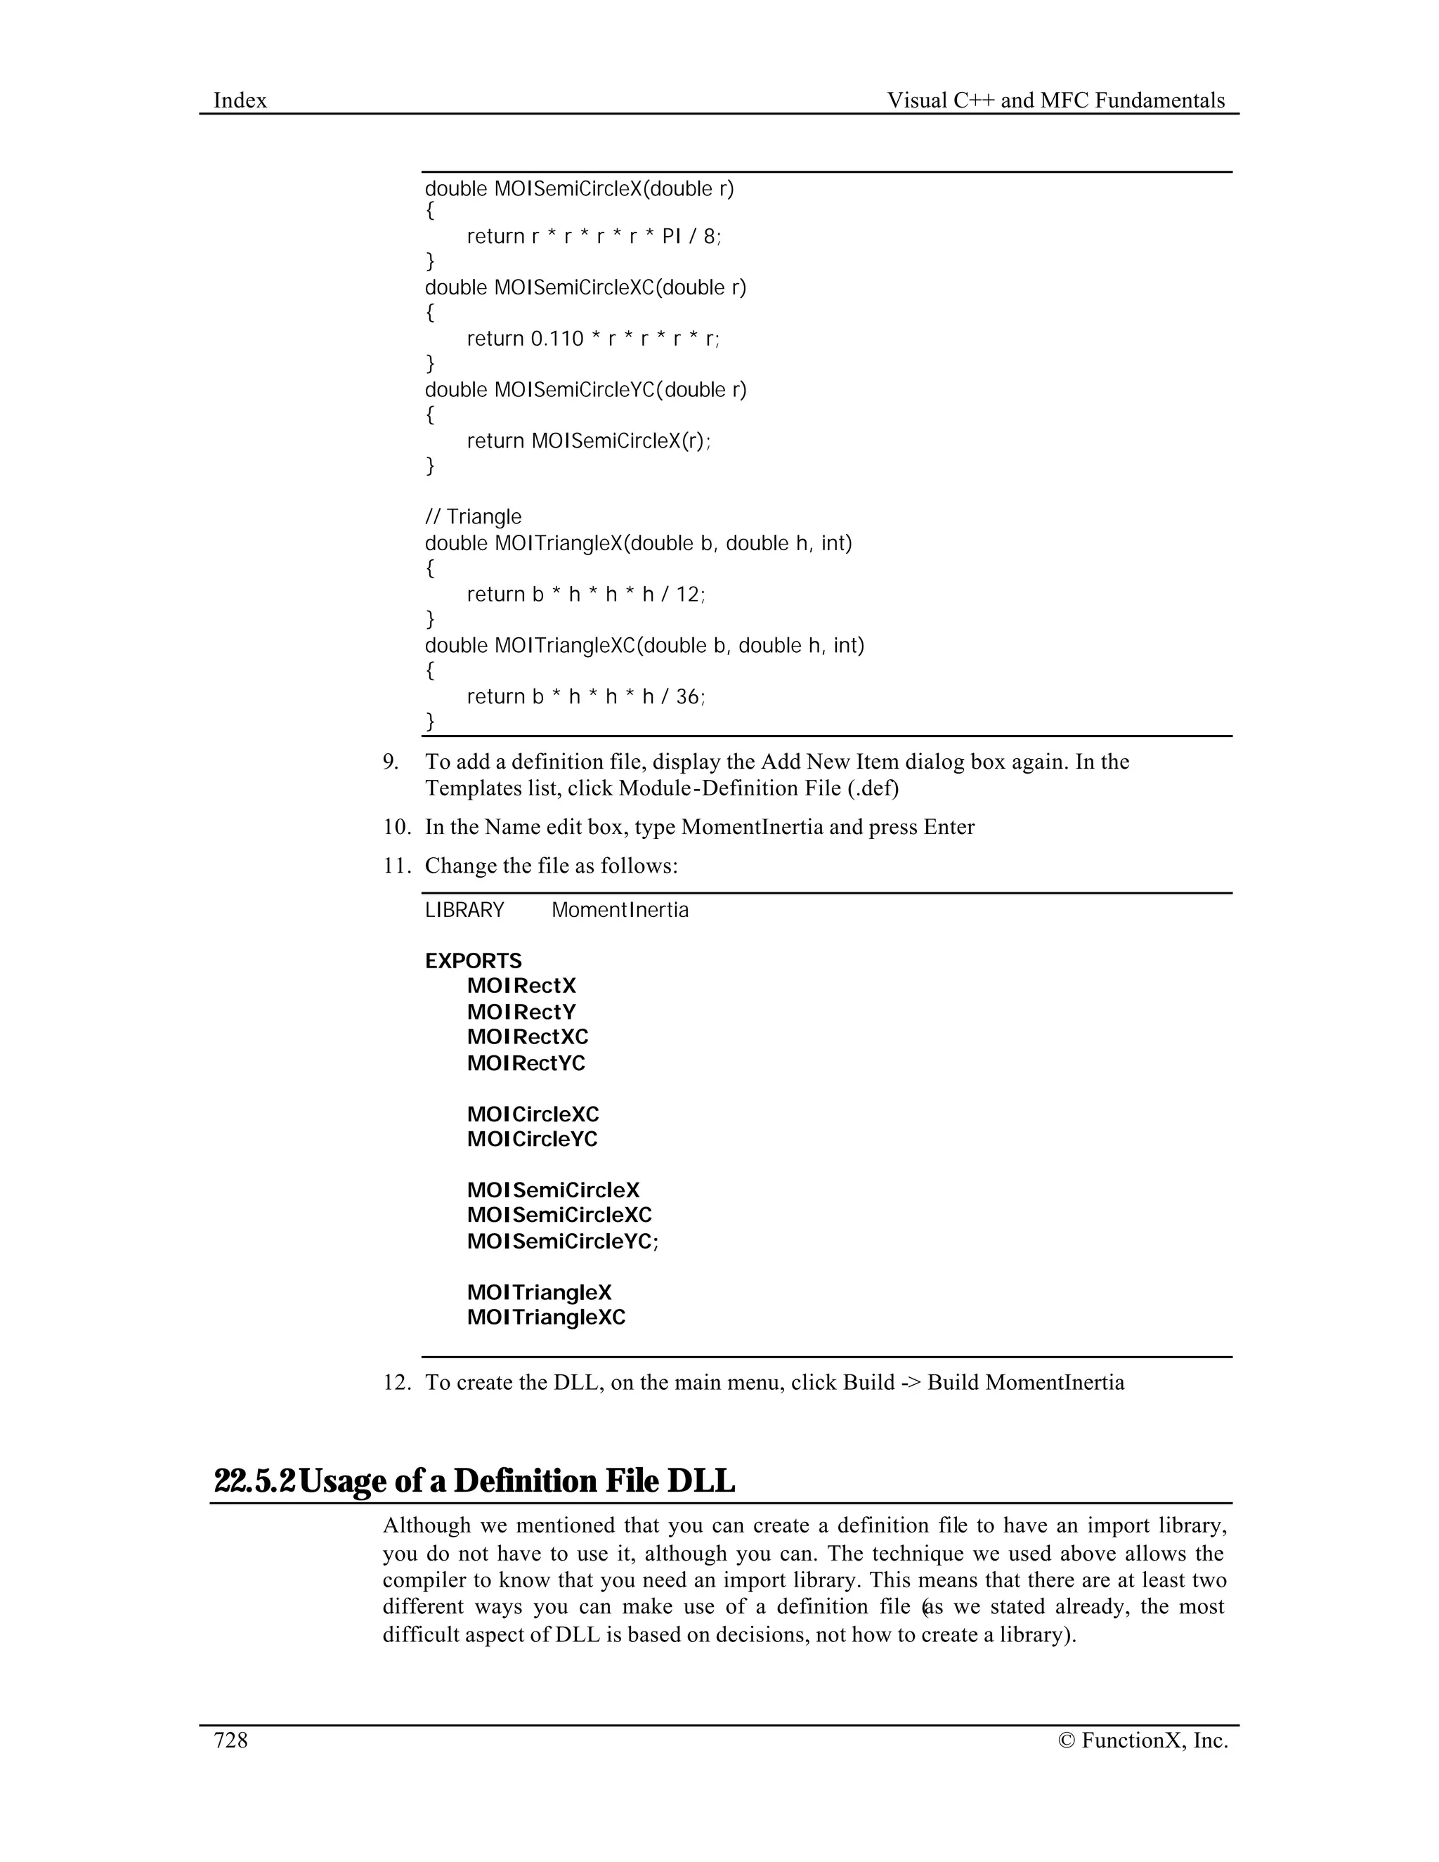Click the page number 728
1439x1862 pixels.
230,1740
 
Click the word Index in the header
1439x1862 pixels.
240,100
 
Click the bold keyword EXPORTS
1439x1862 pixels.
473,961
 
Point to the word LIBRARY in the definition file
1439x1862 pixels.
464,910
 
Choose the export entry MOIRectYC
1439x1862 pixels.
526,1063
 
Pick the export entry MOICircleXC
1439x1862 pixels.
533,1114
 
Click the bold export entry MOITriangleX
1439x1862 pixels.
539,1292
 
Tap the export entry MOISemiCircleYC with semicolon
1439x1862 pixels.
563,1242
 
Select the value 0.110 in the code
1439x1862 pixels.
557,339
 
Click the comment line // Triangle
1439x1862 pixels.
473,516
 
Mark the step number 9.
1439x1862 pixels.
391,762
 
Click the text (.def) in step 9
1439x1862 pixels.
873,788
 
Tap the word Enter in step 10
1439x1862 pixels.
949,827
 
